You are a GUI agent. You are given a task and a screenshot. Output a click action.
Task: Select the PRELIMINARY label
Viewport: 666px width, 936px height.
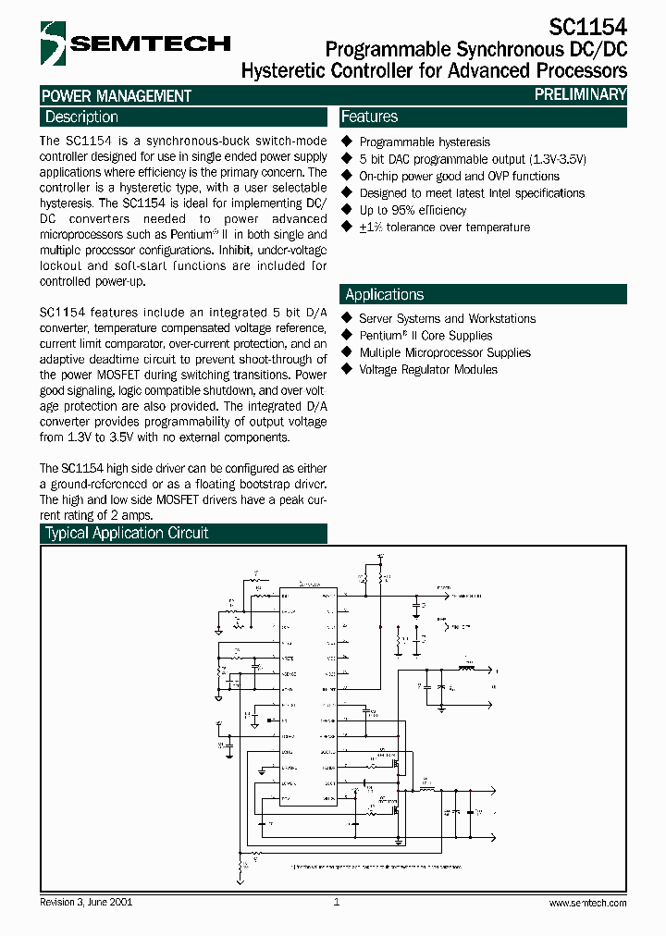[x=581, y=94]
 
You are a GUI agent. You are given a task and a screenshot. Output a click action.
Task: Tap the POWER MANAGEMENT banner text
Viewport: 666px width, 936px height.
[x=117, y=95]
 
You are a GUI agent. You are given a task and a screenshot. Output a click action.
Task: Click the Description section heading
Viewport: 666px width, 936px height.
[x=81, y=117]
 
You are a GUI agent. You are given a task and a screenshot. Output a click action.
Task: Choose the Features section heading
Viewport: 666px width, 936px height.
[x=370, y=117]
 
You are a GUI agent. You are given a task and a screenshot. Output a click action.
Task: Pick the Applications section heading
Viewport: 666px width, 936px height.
[x=384, y=295]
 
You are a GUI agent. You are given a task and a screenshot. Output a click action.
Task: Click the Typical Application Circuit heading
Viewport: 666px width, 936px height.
[x=127, y=534]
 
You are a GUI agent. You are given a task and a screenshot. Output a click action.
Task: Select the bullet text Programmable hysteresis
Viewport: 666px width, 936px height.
[x=425, y=142]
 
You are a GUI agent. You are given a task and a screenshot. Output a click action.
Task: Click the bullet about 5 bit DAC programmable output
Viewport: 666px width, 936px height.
[x=472, y=159]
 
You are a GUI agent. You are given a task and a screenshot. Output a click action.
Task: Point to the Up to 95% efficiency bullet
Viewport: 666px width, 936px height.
[x=413, y=210]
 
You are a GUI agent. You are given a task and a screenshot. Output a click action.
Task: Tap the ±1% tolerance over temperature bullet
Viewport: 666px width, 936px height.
[x=444, y=228]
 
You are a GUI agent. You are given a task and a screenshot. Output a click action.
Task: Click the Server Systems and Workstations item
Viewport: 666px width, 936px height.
[x=447, y=319]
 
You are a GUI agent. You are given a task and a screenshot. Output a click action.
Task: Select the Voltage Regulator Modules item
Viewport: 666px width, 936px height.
[x=427, y=370]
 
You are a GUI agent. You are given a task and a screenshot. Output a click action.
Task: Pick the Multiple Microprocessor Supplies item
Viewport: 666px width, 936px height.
[x=444, y=352]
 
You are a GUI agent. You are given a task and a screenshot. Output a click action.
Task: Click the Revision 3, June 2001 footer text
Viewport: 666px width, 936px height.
[x=86, y=902]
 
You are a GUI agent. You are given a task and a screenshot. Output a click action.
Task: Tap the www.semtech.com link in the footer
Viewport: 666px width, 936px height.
[x=587, y=902]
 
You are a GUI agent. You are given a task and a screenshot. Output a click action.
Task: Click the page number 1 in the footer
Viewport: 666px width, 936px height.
[x=337, y=902]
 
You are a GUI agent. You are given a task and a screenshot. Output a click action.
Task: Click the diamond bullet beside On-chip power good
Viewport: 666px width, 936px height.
[x=348, y=176]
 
